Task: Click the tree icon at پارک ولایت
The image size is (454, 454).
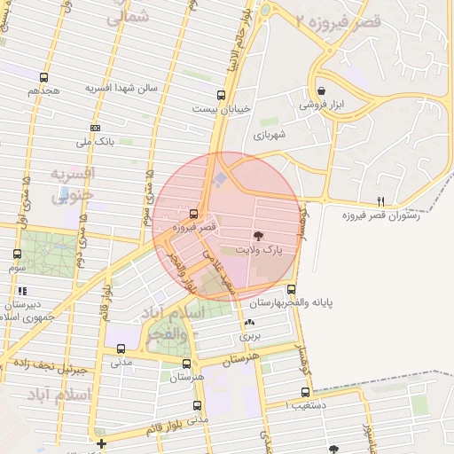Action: pos(258,236)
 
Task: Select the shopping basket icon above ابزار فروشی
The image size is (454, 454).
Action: pos(320,90)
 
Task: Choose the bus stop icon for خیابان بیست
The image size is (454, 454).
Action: pos(221,95)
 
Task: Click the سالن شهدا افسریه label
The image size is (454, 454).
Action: pos(121,88)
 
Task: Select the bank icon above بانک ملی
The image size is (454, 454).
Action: pos(95,128)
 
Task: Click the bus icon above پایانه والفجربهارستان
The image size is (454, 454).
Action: pos(291,289)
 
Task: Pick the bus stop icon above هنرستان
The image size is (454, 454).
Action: pos(186,363)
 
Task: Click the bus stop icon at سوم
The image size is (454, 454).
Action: pos(18,254)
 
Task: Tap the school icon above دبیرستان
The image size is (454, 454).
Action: pos(21,291)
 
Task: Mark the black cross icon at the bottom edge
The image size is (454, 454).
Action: pos(102,443)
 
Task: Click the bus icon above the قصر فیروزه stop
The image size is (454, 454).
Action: pos(193,214)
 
